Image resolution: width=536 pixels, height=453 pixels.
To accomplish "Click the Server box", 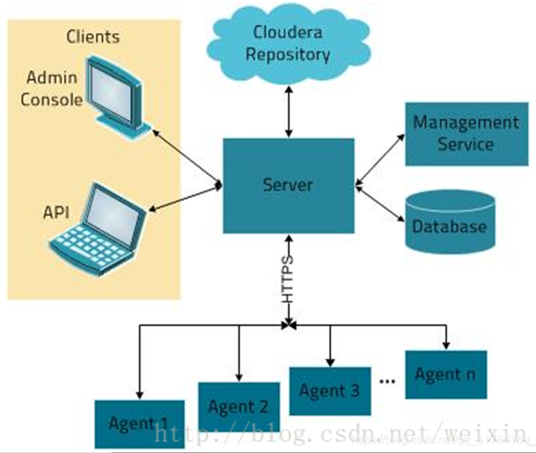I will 288,186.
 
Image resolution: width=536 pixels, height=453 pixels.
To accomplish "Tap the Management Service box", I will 466,133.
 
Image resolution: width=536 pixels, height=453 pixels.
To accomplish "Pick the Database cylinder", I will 449,223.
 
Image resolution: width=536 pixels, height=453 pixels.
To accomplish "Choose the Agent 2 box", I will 239,406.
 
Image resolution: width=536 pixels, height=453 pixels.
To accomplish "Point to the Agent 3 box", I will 329,390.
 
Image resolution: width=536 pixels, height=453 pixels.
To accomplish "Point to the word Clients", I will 93,36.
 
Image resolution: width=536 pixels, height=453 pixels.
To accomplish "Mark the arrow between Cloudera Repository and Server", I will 289,111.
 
